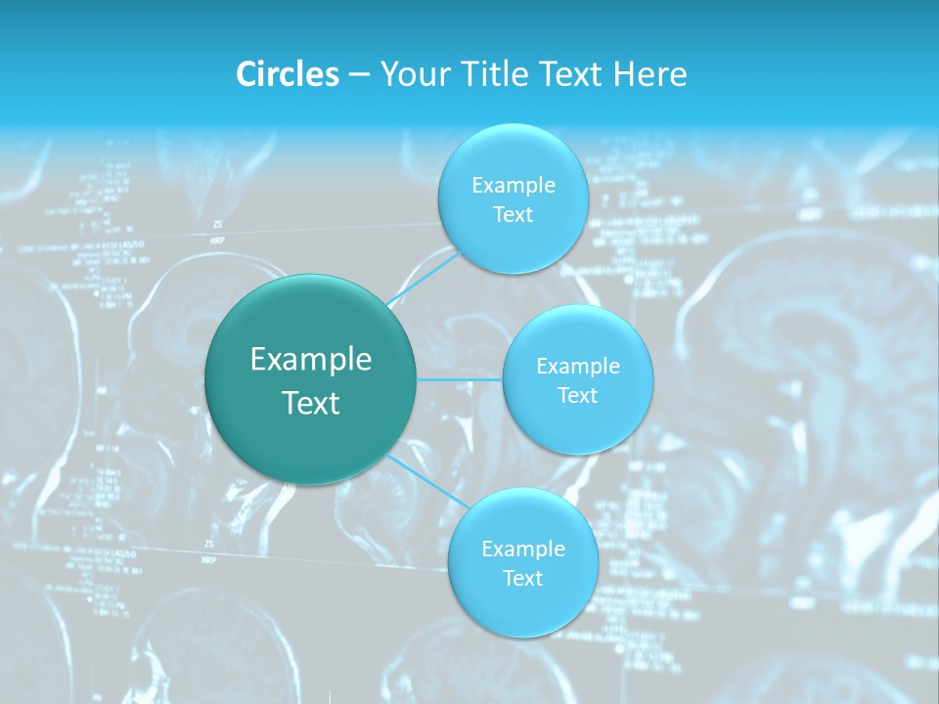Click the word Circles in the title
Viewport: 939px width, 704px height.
point(288,74)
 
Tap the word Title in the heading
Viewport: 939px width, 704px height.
point(488,74)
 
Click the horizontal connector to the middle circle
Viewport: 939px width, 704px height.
point(460,379)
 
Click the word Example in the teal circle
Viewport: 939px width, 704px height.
point(311,360)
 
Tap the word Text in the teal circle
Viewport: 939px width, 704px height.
point(311,403)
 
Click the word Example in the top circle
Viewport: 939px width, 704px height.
point(514,186)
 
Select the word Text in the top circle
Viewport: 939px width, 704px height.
point(513,215)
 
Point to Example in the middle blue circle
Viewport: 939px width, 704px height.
point(578,367)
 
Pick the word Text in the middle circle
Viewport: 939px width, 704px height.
point(577,396)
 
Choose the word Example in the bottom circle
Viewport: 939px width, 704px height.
point(523,550)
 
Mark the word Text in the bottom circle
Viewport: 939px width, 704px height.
point(522,579)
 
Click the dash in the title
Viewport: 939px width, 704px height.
point(359,75)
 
